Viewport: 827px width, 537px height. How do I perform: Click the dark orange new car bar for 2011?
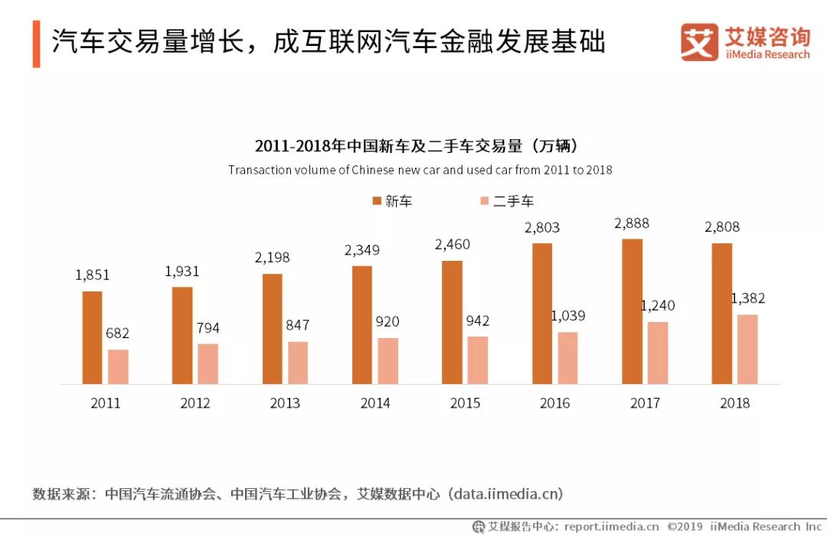pyautogui.click(x=93, y=338)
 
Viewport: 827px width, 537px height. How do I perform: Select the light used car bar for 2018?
pyautogui.click(x=747, y=350)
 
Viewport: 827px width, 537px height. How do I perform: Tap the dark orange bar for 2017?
pyautogui.click(x=632, y=311)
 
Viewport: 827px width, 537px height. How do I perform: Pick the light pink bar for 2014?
pyautogui.click(x=387, y=361)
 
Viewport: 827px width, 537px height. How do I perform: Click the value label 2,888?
pyautogui.click(x=631, y=223)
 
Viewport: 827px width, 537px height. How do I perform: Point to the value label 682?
pyautogui.click(x=117, y=333)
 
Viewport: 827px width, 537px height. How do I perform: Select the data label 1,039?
pyautogui.click(x=568, y=316)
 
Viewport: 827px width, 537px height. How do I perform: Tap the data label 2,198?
pyautogui.click(x=272, y=258)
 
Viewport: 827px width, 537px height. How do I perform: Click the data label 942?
pyautogui.click(x=477, y=321)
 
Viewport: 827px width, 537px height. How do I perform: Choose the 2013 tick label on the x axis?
pyautogui.click(x=285, y=403)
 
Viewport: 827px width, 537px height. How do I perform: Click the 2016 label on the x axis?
pyautogui.click(x=555, y=403)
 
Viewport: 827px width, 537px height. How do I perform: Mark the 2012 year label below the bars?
pyautogui.click(x=195, y=403)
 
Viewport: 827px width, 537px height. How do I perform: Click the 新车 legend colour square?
pyautogui.click(x=377, y=200)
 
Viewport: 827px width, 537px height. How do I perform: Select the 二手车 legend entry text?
pyautogui.click(x=513, y=200)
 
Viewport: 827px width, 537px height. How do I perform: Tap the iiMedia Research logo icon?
pyautogui.click(x=699, y=41)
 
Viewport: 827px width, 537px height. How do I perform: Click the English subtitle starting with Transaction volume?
pyautogui.click(x=420, y=171)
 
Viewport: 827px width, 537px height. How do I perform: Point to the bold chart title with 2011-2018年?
pyautogui.click(x=416, y=145)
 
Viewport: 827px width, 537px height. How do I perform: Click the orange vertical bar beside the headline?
pyautogui.click(x=37, y=44)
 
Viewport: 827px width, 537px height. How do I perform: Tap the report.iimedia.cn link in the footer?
pyautogui.click(x=611, y=526)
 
